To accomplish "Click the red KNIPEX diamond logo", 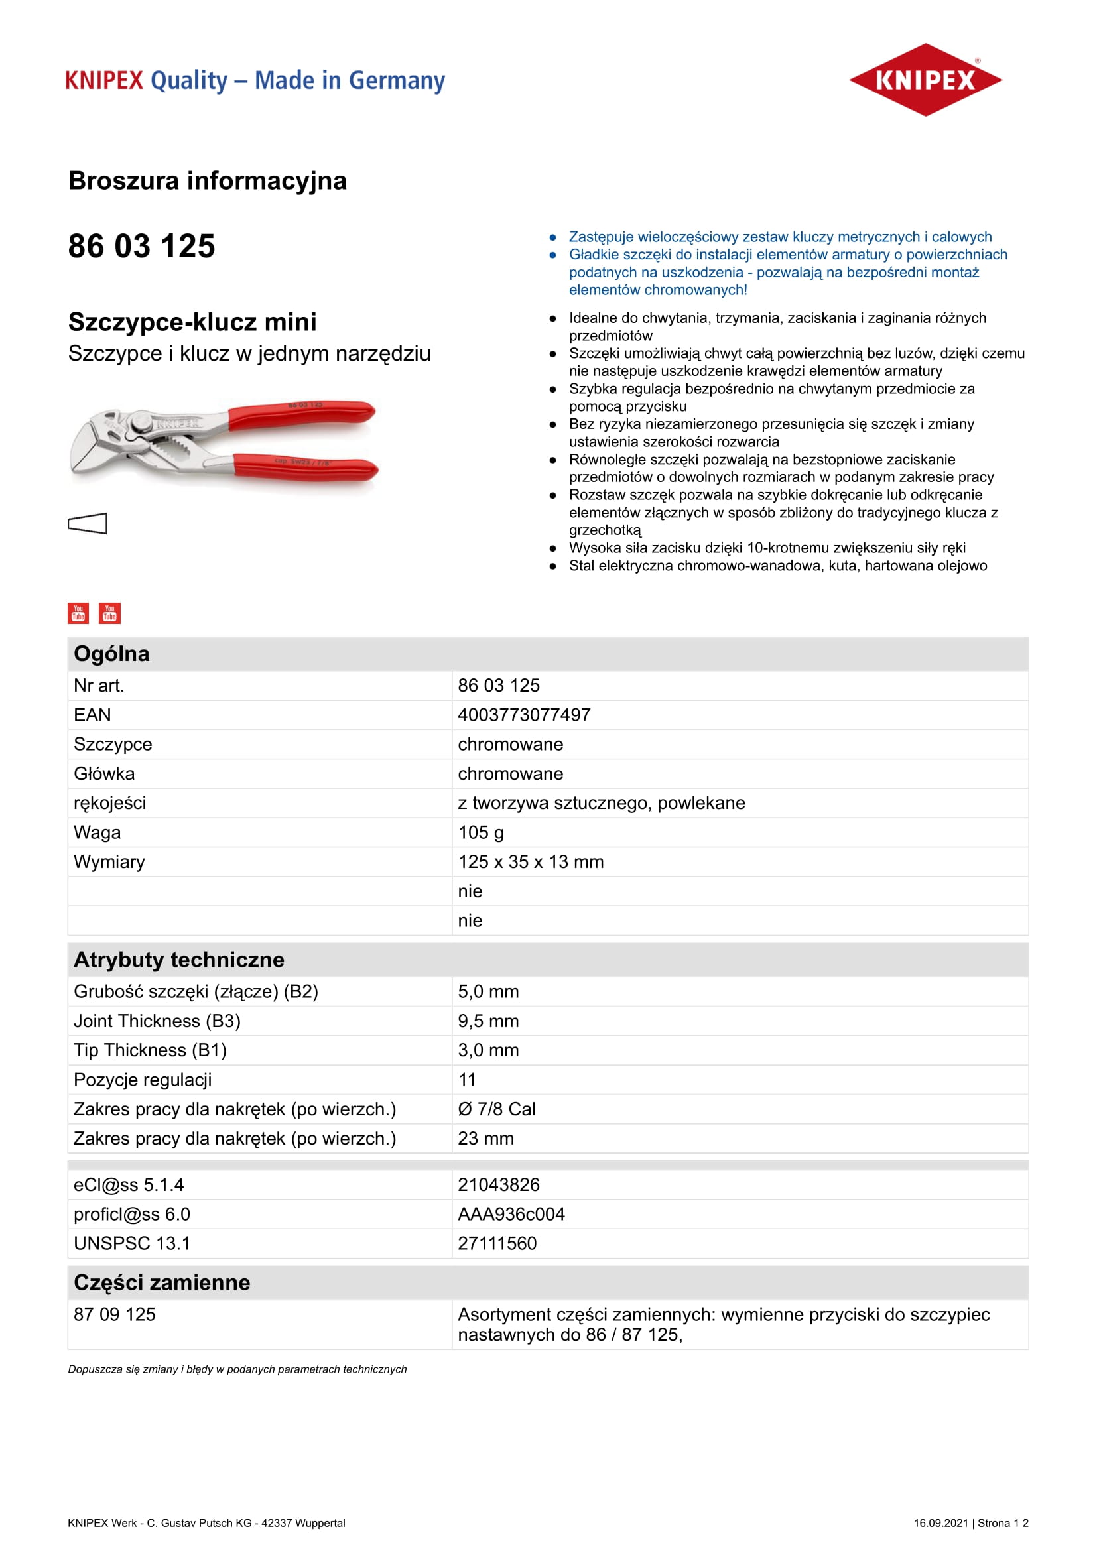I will point(925,80).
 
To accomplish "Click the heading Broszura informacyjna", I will point(208,181).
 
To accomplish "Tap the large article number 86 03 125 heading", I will point(142,246).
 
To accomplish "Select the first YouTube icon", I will point(78,613).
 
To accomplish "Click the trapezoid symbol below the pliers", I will point(88,524).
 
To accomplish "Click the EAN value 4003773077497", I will point(524,715).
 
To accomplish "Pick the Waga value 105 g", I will point(481,832).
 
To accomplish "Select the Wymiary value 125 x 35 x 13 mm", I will point(531,862).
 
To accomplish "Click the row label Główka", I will point(104,773).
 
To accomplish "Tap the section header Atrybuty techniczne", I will point(179,960).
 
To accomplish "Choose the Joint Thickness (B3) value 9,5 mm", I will point(488,1021).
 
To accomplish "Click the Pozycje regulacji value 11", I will point(467,1080).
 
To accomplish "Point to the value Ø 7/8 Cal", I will point(497,1109).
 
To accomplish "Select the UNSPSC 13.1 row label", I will point(132,1243).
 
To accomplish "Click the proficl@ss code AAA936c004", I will point(511,1214).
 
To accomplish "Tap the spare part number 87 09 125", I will point(115,1314).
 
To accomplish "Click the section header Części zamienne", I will point(162,1282).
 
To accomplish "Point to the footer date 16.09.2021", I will point(940,1522).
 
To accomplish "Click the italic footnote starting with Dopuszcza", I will point(237,1369).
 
